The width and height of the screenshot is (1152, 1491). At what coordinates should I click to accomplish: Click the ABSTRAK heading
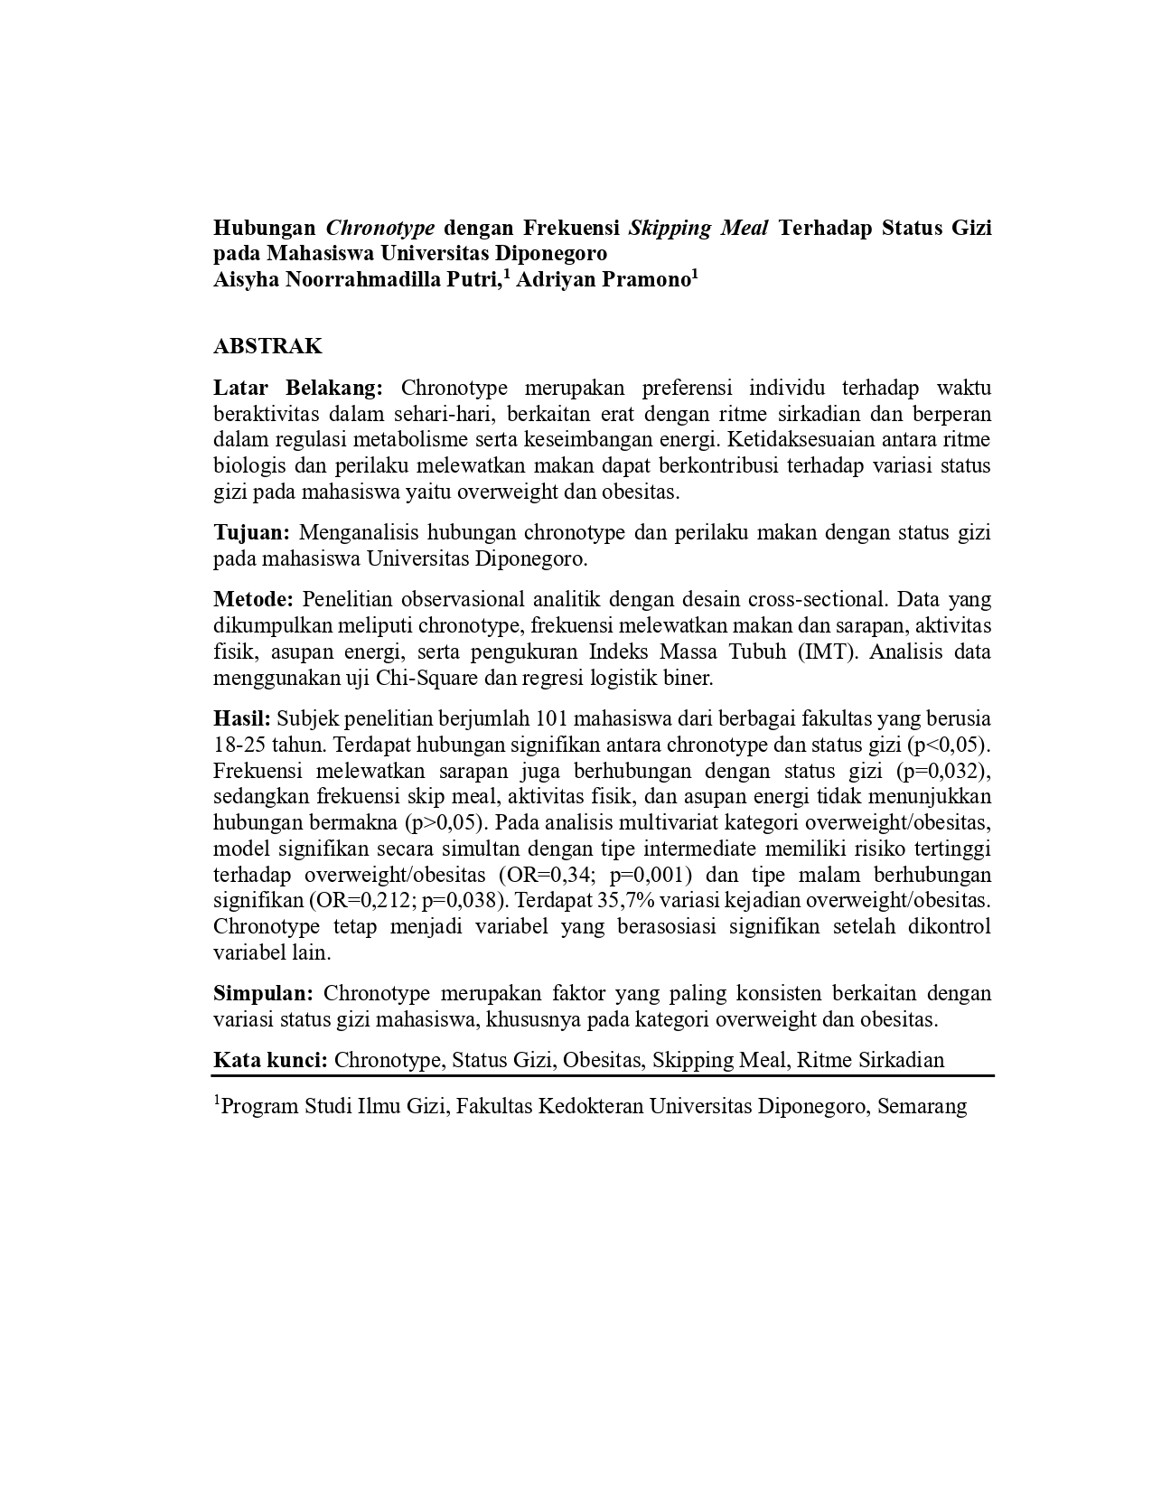(267, 346)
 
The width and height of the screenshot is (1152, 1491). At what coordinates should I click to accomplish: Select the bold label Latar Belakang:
(298, 389)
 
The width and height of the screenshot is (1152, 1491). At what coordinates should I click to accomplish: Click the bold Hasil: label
(242, 719)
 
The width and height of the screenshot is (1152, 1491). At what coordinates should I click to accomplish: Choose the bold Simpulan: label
(263, 994)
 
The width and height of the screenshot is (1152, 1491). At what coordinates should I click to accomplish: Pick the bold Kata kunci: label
(270, 1060)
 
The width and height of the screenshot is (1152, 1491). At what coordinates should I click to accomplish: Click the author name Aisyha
(246, 279)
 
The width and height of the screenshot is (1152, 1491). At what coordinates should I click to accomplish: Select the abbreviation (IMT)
(827, 652)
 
